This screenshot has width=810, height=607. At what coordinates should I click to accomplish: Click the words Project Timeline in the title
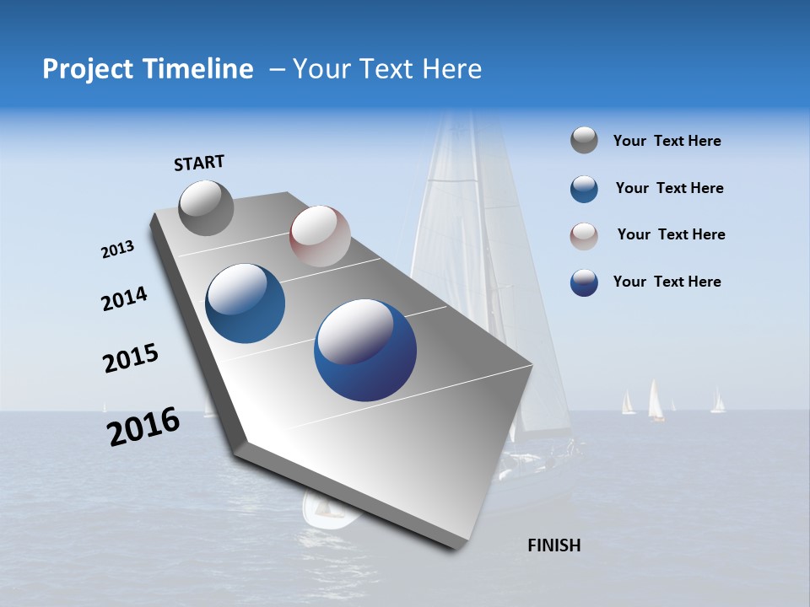148,69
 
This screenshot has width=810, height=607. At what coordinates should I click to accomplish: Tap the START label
199,163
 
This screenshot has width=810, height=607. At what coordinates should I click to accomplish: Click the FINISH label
554,545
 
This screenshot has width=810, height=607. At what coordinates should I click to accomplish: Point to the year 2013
118,250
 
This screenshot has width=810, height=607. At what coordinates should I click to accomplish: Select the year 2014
125,298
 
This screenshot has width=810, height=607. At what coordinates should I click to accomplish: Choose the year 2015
131,358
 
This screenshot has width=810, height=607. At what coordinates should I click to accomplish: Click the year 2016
143,426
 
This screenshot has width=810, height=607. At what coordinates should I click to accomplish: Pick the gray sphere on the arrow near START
206,207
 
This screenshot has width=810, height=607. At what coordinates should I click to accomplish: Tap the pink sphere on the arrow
320,236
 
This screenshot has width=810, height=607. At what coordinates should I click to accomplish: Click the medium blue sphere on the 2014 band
246,303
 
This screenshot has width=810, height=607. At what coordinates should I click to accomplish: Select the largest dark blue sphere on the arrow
365,349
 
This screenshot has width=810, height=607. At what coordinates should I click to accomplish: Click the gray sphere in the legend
584,141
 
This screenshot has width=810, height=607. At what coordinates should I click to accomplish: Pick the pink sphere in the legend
584,235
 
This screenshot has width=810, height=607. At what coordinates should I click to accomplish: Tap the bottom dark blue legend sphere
584,282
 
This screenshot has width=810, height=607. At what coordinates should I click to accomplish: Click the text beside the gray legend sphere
667,142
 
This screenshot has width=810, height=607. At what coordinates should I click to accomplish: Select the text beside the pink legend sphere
671,234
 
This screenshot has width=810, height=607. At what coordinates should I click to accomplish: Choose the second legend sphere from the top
584,189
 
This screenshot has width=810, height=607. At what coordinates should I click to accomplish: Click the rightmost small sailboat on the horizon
718,401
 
